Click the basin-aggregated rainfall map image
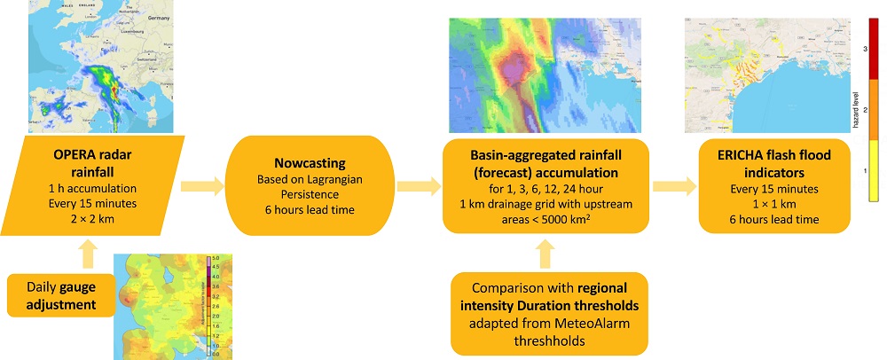coord(545,76)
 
